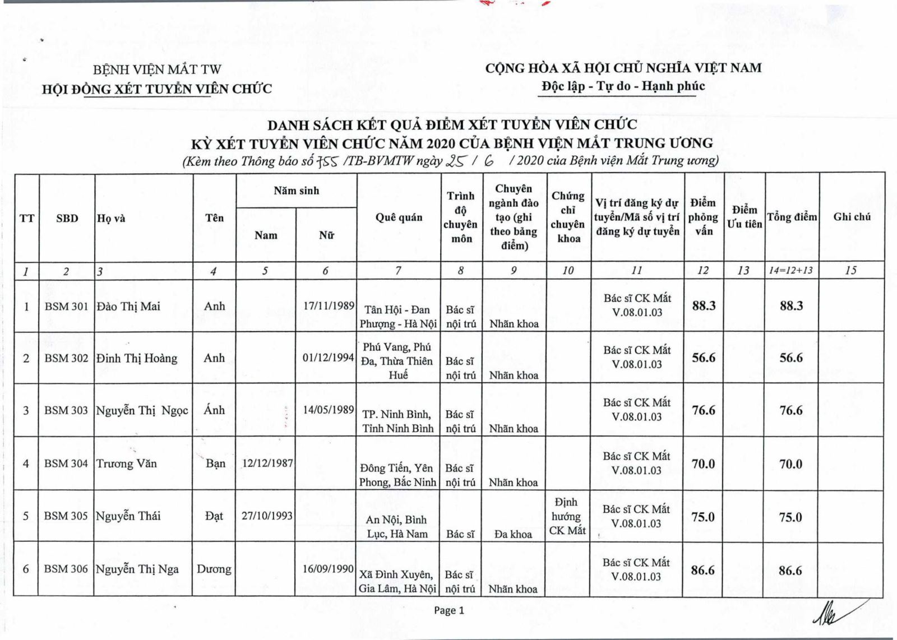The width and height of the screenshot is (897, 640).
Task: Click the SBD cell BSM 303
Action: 66,410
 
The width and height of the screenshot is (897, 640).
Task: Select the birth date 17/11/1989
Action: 329,305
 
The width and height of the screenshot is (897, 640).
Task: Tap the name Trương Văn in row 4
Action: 127,463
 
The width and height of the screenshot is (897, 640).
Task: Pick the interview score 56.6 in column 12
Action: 704,358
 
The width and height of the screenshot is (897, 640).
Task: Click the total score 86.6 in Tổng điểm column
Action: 790,571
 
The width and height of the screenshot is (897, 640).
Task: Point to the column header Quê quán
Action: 399,217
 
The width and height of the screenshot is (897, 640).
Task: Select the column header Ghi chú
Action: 852,217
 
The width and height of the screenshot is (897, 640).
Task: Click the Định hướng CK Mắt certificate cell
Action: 567,516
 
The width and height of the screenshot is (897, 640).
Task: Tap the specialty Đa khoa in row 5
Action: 513,534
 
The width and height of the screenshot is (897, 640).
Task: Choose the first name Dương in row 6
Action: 214,569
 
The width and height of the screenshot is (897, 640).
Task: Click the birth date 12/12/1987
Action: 267,463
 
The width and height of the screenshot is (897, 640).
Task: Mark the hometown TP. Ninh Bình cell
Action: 397,421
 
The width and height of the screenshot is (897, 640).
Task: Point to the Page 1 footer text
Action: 449,610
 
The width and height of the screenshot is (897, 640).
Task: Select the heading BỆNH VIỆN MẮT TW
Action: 157,70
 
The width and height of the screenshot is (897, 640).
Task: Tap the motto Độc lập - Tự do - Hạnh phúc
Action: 623,86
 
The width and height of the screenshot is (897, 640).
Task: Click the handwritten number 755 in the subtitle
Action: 327,161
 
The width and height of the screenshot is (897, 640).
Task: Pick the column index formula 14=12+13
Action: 790,271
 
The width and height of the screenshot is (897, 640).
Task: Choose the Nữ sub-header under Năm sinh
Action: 326,235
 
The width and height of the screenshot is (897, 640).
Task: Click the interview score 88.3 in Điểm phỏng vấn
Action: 704,305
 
